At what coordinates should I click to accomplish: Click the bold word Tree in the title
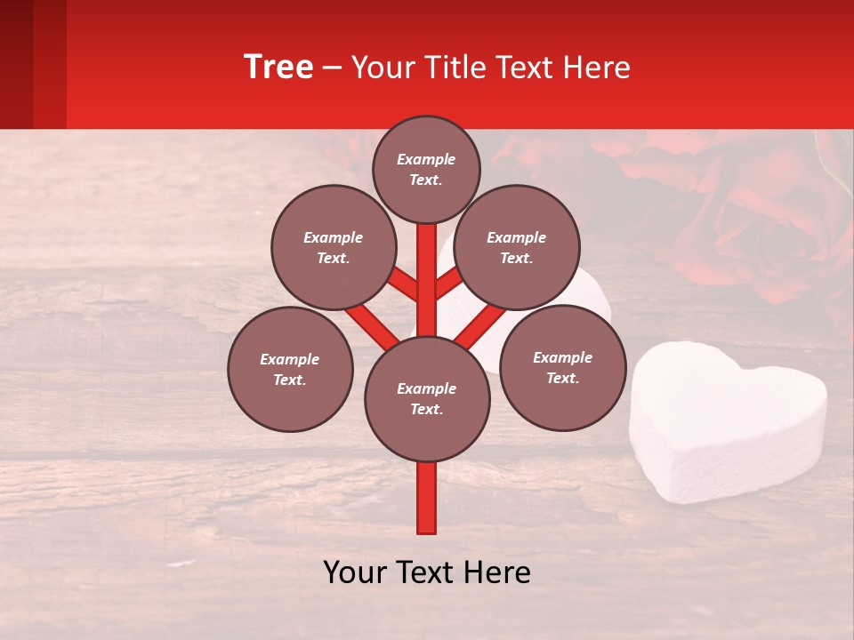[278, 68]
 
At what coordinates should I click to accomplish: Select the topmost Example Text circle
[426, 169]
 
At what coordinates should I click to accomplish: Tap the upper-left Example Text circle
[334, 247]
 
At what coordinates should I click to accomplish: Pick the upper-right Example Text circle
[517, 247]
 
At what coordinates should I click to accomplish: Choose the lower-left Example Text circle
[290, 369]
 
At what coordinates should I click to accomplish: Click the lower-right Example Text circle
[563, 367]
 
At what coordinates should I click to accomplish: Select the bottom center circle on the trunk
[427, 399]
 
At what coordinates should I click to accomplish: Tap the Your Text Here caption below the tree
[427, 572]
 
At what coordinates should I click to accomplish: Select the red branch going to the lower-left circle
[372, 326]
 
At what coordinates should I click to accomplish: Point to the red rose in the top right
[765, 213]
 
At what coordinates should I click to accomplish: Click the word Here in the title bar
[600, 68]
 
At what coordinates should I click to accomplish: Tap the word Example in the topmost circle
[426, 159]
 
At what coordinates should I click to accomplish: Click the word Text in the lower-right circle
[563, 378]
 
